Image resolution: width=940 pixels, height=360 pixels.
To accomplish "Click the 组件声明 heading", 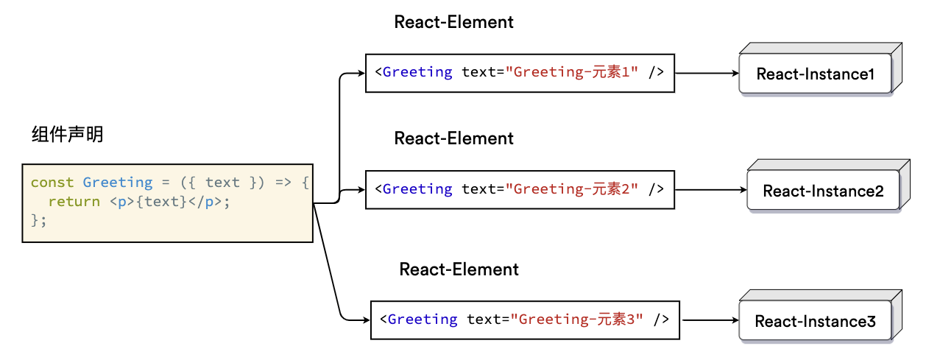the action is click(68, 135).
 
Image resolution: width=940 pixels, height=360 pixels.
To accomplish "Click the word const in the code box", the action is click(52, 183).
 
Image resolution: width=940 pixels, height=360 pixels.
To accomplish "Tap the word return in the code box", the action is click(74, 202).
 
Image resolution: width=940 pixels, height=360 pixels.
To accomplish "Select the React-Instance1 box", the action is click(821, 70).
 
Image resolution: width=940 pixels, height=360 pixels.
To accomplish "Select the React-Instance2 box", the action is click(828, 186).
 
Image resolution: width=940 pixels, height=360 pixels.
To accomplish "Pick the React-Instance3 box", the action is click(821, 317).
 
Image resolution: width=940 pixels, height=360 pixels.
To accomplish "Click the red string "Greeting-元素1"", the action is click(572, 72).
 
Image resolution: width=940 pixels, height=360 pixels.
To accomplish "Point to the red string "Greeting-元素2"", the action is click(572, 189).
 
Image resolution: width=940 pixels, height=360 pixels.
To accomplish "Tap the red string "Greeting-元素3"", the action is click(577, 320).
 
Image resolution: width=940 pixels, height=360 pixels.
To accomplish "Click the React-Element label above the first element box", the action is click(453, 22).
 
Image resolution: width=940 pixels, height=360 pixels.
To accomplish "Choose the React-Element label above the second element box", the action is click(453, 138).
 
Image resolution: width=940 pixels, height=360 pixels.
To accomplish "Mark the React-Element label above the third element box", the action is click(459, 269).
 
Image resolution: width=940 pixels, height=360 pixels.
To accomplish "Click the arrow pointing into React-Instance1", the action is click(707, 74).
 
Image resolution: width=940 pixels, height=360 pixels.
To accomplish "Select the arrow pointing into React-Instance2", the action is click(711, 190).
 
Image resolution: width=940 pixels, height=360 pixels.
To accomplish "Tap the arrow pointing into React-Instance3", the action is click(710, 320).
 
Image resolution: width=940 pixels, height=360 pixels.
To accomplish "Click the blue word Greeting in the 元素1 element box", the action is click(417, 72).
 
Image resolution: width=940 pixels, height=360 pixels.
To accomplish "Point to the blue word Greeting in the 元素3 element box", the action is click(423, 320).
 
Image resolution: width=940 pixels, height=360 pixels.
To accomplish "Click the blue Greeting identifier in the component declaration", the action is click(118, 183).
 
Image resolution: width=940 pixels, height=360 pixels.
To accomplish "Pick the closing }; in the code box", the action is click(38, 220).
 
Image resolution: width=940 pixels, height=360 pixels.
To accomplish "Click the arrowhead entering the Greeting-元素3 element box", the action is click(367, 320).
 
